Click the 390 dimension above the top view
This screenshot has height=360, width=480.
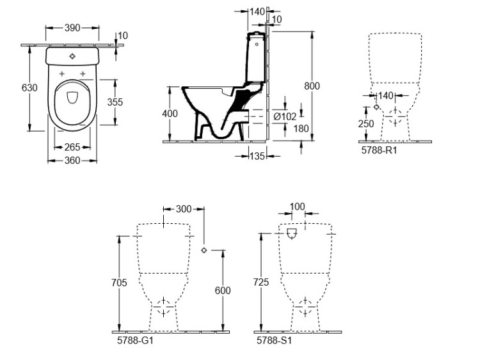pyautogui.click(x=72, y=28)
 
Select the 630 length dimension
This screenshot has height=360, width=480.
pyautogui.click(x=29, y=88)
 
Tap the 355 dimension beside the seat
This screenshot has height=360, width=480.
pyautogui.click(x=115, y=102)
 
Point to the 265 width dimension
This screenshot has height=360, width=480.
pyautogui.click(x=72, y=147)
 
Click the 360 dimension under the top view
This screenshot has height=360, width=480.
pyautogui.click(x=72, y=160)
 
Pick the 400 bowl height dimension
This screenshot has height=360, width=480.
pyautogui.click(x=170, y=113)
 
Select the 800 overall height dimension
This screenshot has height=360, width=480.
pyautogui.click(x=312, y=86)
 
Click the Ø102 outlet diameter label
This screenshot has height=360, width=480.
pyautogui.click(x=285, y=116)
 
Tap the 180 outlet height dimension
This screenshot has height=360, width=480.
pyautogui.click(x=301, y=129)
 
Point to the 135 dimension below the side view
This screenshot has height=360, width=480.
pyautogui.click(x=257, y=156)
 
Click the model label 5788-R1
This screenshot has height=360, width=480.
pyautogui.click(x=379, y=150)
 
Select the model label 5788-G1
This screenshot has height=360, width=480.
pyautogui.click(x=135, y=340)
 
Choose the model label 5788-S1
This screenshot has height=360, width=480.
pyautogui.click(x=275, y=340)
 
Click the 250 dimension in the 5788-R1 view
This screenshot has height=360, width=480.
pyautogui.click(x=366, y=123)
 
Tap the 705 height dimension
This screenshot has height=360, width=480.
pyautogui.click(x=119, y=283)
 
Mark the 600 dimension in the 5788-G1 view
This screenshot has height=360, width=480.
pyautogui.click(x=223, y=290)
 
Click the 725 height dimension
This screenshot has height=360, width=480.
pyautogui.click(x=261, y=282)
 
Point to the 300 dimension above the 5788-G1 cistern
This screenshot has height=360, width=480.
pyautogui.click(x=184, y=209)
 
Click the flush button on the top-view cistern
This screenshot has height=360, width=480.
pyautogui.click(x=72, y=56)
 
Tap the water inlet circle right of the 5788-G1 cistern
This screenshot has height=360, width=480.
pyautogui.click(x=204, y=250)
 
